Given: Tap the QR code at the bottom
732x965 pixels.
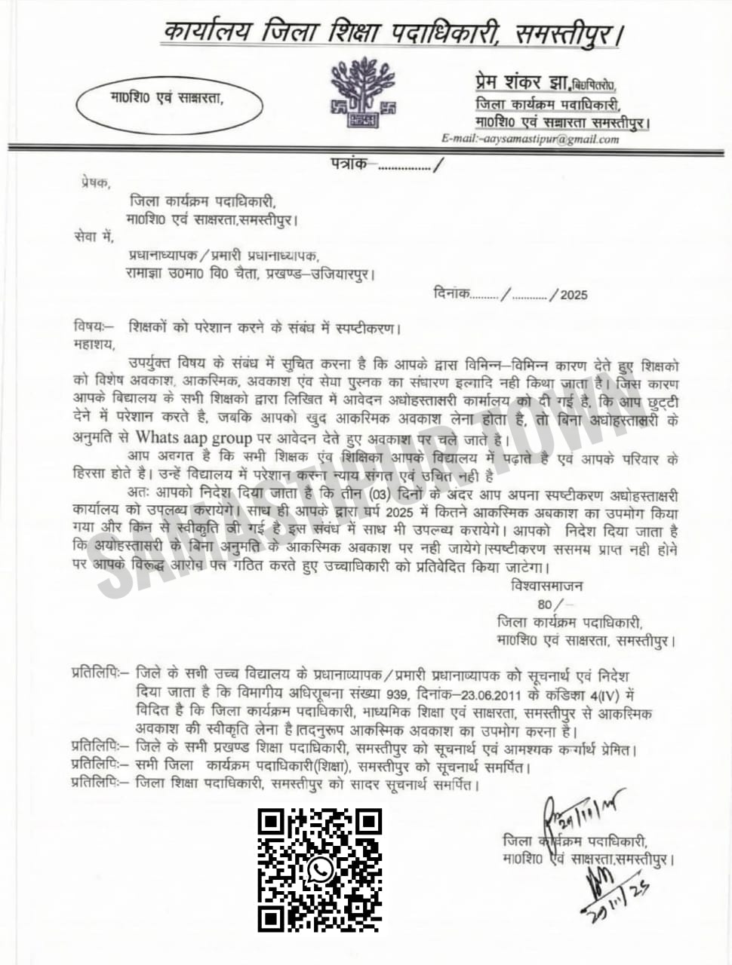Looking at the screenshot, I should pos(320,870).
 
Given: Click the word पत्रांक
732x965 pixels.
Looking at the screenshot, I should pos(349,163).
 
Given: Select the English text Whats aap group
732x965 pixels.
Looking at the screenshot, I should pos(193,437).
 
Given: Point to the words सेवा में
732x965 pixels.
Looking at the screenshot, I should pos(94,238).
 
